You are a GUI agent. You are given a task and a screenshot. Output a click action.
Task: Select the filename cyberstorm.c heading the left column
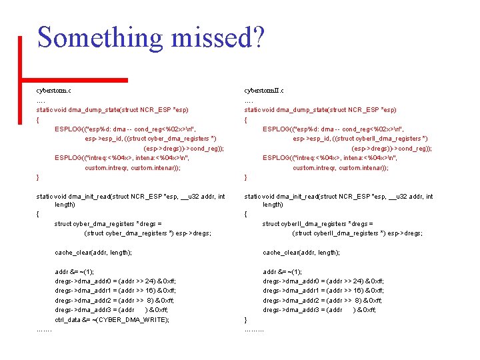(54, 90)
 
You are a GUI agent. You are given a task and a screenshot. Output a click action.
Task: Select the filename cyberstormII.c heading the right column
(264, 90)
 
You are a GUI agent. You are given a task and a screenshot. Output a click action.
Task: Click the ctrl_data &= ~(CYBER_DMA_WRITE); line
(112, 319)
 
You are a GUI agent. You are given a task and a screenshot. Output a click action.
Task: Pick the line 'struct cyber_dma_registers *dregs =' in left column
(108, 224)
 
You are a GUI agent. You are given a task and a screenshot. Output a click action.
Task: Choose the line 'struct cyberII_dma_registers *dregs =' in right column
(318, 224)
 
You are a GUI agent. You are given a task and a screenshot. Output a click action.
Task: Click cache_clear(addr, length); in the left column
(93, 253)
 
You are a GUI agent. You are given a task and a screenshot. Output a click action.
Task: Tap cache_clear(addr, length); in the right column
(301, 253)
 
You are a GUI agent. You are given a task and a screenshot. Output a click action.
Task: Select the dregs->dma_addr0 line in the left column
(115, 281)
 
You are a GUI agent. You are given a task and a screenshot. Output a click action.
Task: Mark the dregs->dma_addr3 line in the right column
(319, 310)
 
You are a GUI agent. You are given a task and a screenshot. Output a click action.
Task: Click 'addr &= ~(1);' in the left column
(75, 272)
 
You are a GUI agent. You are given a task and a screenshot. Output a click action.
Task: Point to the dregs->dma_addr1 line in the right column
(323, 291)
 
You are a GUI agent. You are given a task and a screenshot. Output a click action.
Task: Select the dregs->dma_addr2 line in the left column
(115, 301)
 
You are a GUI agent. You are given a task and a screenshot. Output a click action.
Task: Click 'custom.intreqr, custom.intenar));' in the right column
(341, 167)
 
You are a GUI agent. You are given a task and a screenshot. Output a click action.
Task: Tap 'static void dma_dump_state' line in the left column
(113, 109)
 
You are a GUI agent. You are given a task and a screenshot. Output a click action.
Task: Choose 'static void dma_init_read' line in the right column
(339, 196)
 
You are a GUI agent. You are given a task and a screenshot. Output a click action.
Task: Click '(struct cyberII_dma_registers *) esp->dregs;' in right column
(357, 233)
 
